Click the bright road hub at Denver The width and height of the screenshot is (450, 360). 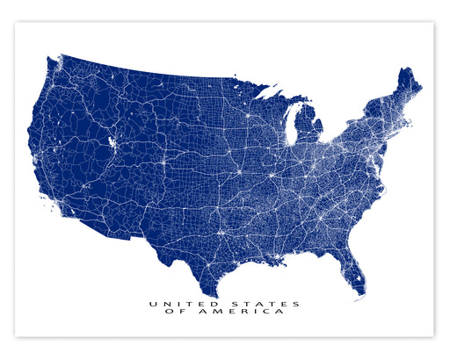(162, 162)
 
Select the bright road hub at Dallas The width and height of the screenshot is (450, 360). (221, 232)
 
